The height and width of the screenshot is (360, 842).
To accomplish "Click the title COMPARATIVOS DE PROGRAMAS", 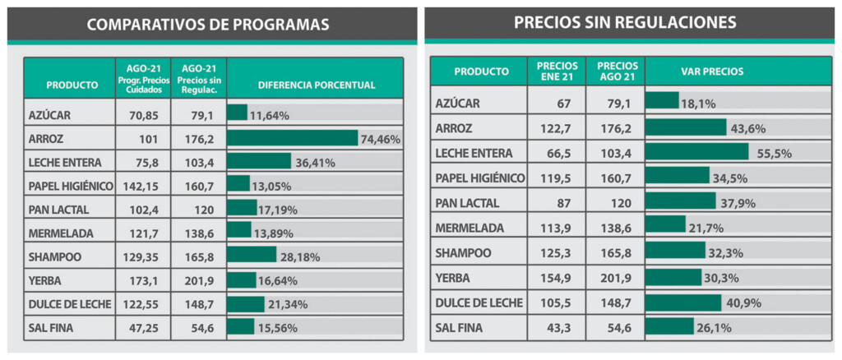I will pyautogui.click(x=207, y=25).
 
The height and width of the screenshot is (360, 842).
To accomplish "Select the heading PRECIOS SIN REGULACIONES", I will pyautogui.click(x=625, y=22).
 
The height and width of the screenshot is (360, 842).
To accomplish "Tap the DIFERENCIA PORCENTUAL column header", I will pyautogui.click(x=316, y=84).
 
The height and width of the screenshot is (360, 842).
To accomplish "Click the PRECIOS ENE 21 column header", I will pyautogui.click(x=557, y=72).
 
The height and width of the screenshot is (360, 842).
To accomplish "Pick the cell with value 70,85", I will pyautogui.click(x=142, y=115).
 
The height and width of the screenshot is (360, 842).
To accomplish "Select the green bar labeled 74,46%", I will pyautogui.click(x=292, y=138).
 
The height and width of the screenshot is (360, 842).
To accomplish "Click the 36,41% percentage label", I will pyautogui.click(x=315, y=162).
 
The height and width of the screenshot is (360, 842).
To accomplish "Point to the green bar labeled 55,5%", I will pyautogui.click(x=696, y=153).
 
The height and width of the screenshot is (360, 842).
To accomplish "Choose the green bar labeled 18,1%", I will pyautogui.click(x=661, y=103).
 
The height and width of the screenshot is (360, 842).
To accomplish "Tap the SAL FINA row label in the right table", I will pyautogui.click(x=463, y=327).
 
